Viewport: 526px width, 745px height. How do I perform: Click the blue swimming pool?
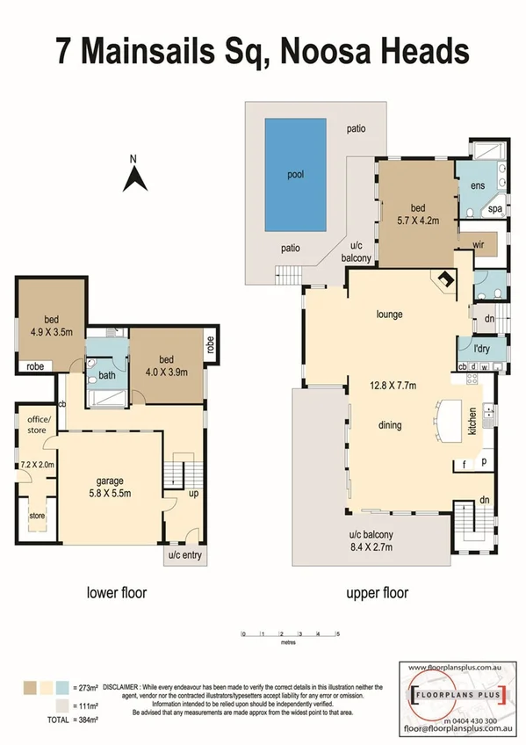click(297, 174)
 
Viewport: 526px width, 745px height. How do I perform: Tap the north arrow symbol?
click(133, 177)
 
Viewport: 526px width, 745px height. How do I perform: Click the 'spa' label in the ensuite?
click(494, 209)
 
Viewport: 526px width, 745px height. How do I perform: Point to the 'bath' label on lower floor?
click(106, 375)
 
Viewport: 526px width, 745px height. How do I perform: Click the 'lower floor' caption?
click(117, 593)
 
